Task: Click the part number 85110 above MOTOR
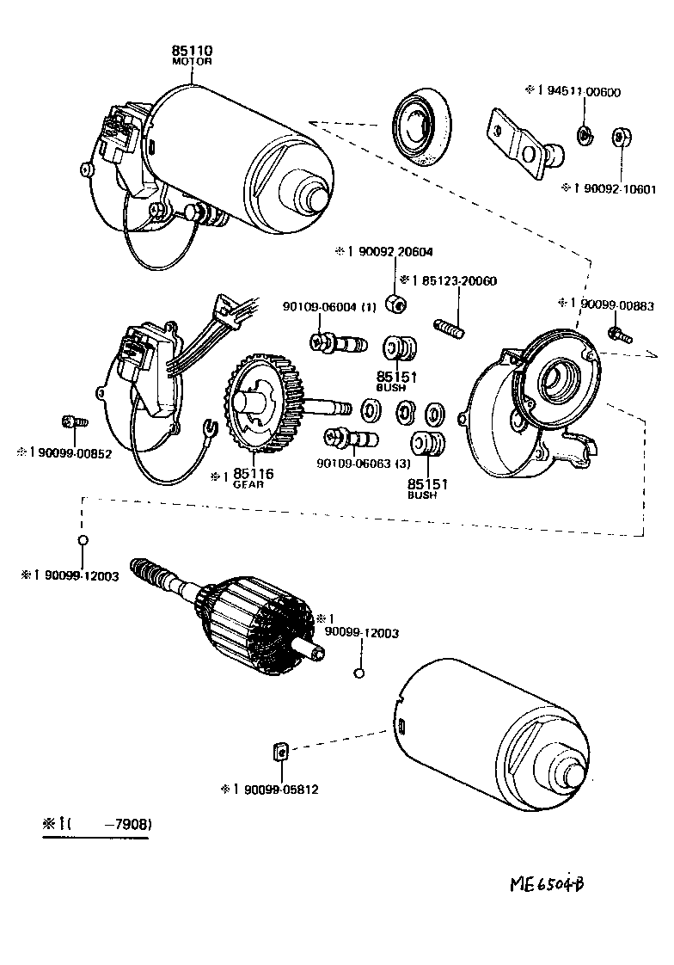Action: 192,52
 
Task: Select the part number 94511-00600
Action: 573,91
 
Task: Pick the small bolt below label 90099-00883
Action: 616,334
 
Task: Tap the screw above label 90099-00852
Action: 70,423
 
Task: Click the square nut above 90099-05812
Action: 279,753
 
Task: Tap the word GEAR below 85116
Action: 248,485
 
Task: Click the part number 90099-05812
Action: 276,789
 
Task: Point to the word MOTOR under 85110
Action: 192,63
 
